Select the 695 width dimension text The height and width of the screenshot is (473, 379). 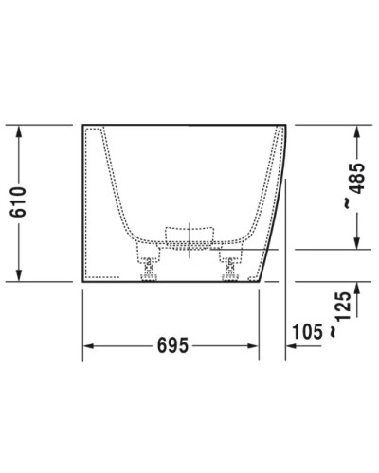coord(171,347)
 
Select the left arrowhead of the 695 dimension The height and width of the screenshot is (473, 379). coord(87,347)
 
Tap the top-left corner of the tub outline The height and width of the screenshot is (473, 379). coord(82,125)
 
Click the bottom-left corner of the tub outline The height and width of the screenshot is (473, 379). coord(82,282)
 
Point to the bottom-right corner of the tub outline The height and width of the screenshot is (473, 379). coord(260,282)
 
